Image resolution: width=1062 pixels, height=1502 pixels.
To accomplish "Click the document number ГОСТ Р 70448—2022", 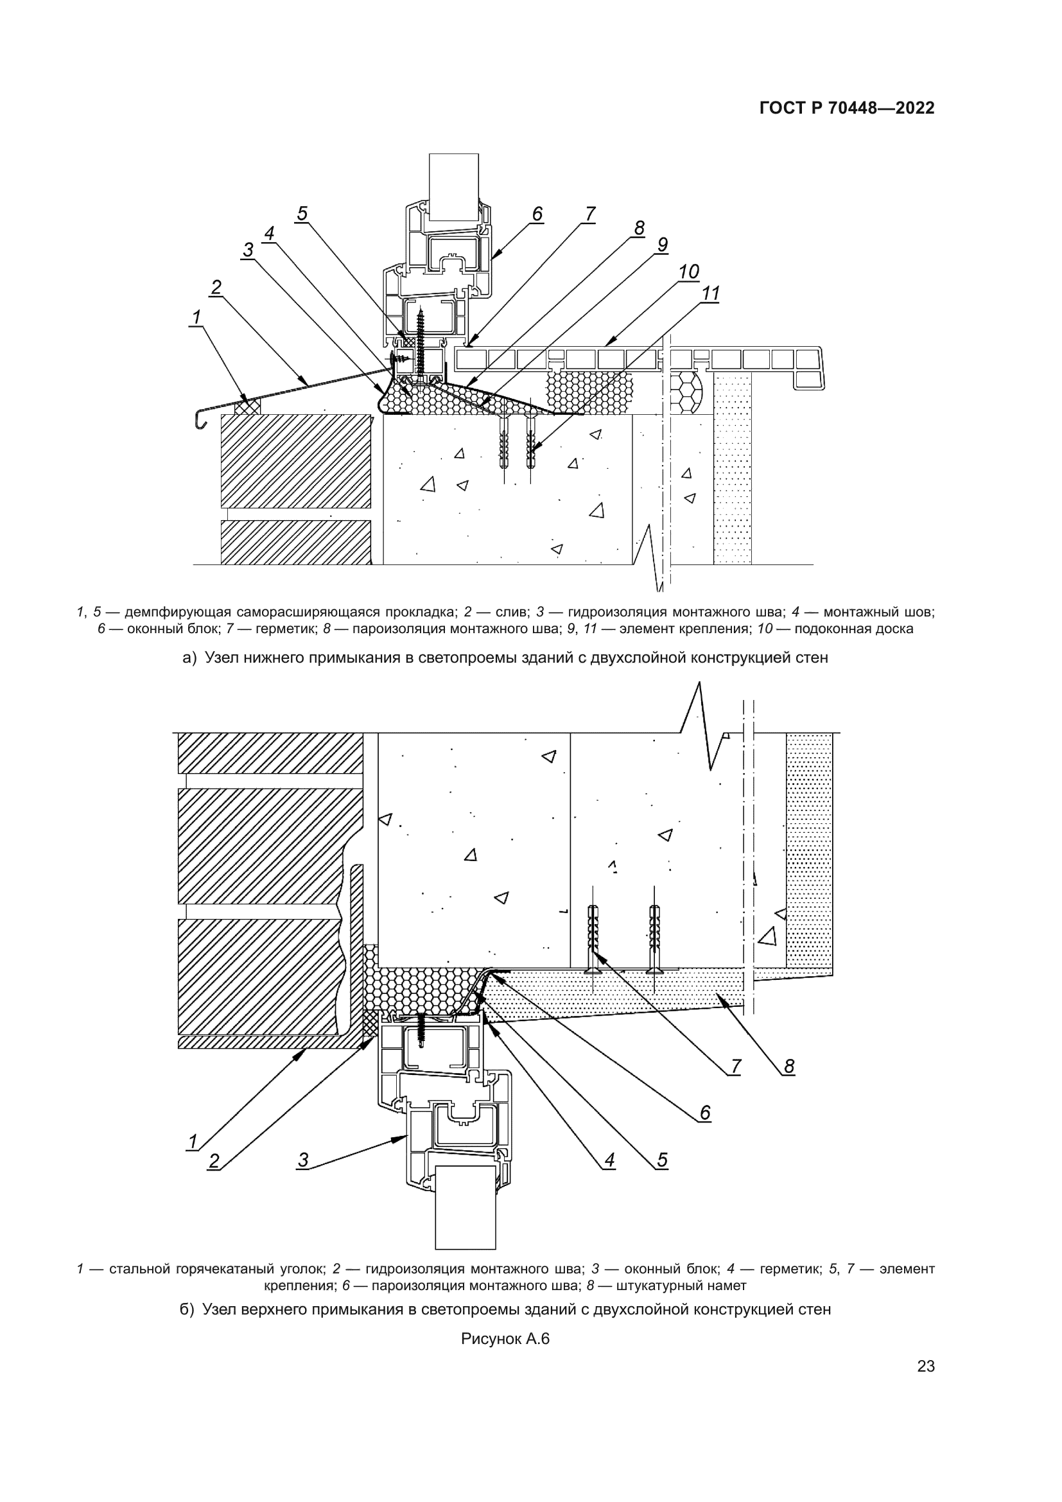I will pyautogui.click(x=847, y=109).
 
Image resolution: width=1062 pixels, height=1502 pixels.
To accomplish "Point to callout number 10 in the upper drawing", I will pyautogui.click(x=688, y=271).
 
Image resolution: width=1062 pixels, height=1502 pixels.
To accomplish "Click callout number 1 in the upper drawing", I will pyautogui.click(x=196, y=317).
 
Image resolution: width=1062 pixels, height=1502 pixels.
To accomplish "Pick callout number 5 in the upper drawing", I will pyautogui.click(x=302, y=214).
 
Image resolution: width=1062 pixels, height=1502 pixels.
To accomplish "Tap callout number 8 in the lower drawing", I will pyautogui.click(x=788, y=1067).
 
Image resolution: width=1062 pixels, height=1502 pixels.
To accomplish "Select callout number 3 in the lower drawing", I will pyautogui.click(x=303, y=1160).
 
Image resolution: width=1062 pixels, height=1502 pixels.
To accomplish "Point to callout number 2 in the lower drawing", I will pyautogui.click(x=214, y=1161).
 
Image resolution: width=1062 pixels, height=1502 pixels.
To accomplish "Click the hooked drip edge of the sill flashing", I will pyautogui.click(x=200, y=420).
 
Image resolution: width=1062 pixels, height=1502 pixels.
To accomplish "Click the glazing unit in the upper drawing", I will pyautogui.click(x=454, y=186).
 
